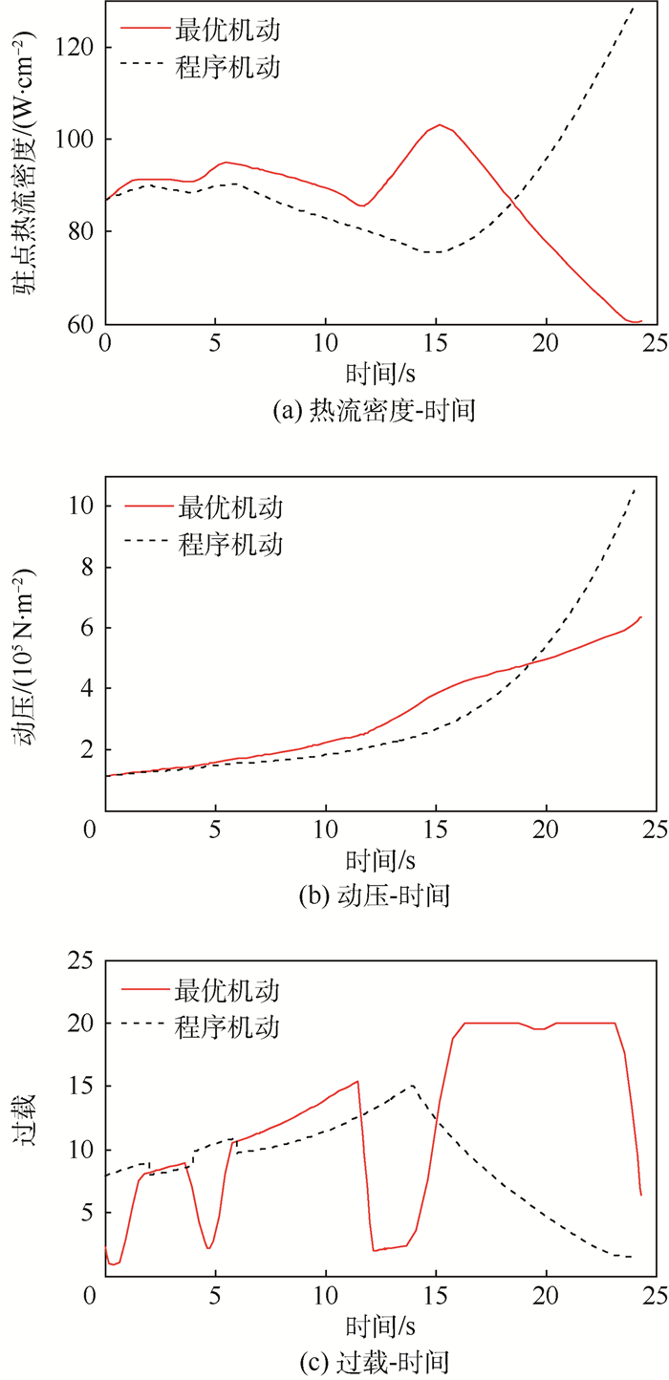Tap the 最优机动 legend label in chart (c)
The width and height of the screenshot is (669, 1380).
228,988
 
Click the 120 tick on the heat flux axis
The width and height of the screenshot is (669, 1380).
76,46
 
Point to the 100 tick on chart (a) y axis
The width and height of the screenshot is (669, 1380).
76,140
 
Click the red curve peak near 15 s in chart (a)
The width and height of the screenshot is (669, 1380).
440,124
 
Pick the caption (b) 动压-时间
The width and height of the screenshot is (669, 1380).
374,895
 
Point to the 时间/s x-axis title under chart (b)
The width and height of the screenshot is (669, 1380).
374,856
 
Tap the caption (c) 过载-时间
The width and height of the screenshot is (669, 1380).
374,1361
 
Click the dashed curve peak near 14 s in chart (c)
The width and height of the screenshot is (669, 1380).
412,1086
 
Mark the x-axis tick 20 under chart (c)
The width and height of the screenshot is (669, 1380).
546,1296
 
